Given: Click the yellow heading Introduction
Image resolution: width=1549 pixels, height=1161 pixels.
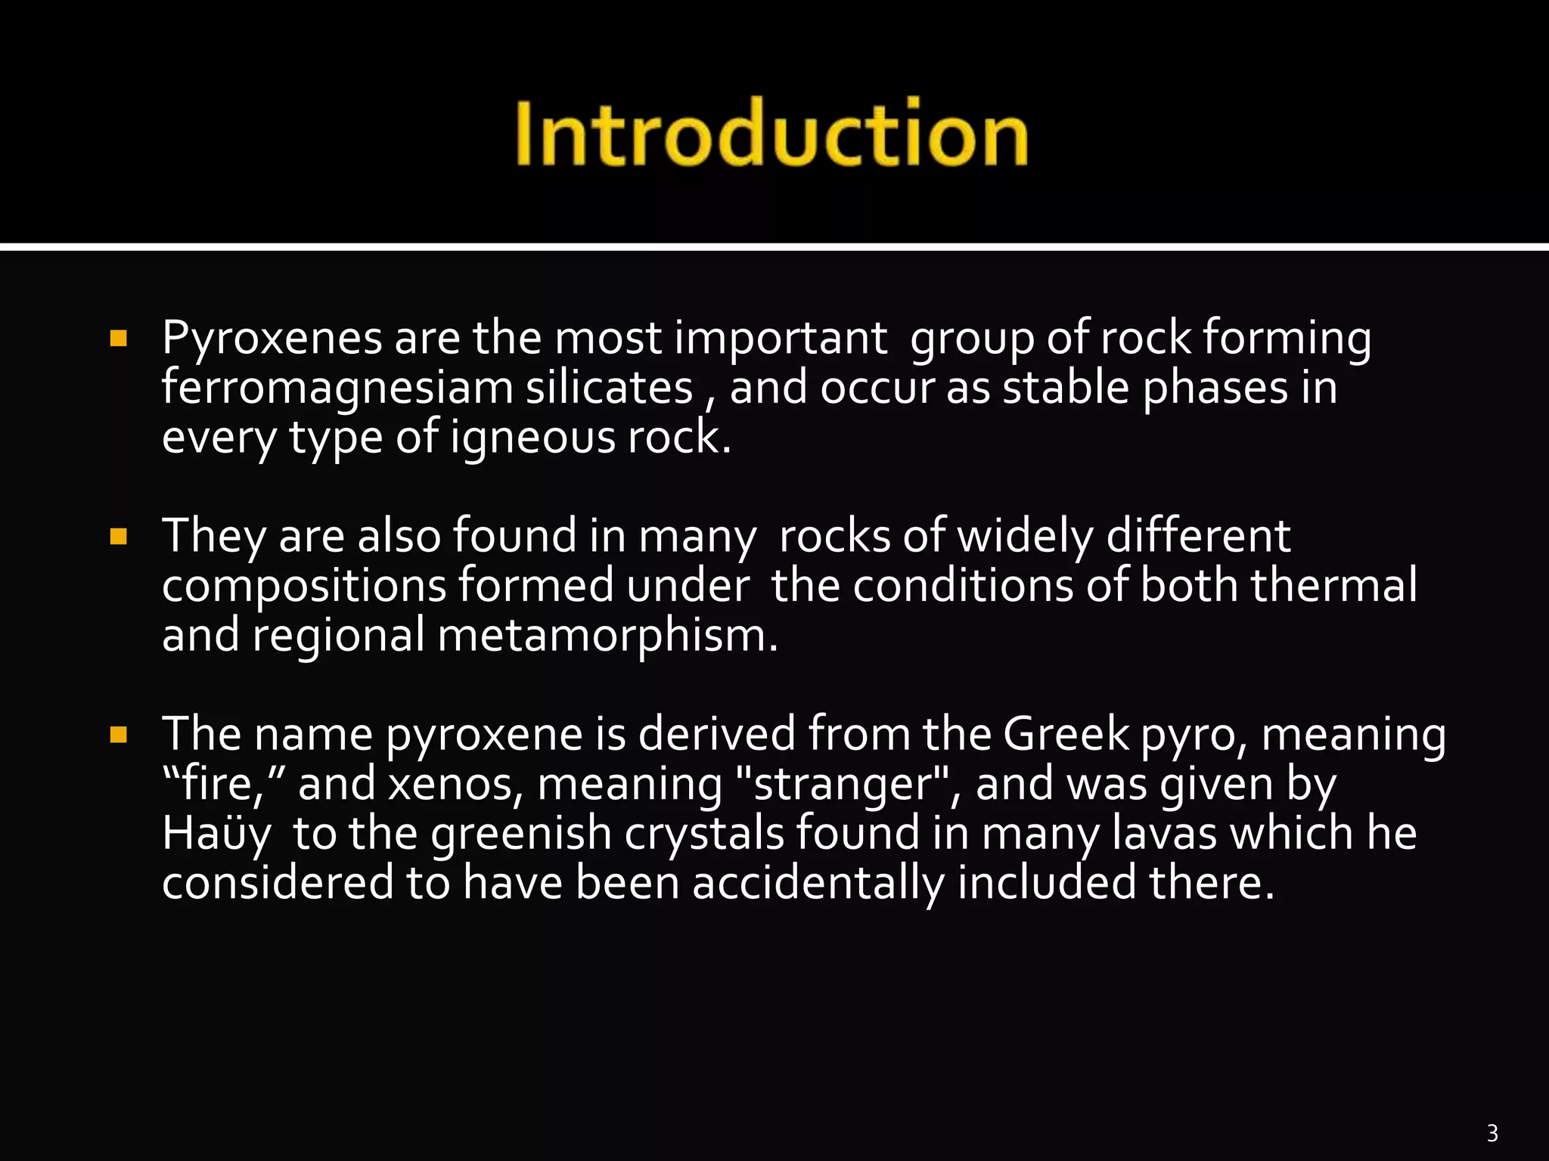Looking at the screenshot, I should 771,133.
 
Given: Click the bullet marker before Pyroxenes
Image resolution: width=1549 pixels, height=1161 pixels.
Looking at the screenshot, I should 118,338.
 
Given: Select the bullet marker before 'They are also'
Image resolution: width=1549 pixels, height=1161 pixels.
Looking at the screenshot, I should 118,537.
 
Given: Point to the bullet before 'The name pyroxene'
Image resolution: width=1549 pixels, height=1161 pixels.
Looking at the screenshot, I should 118,735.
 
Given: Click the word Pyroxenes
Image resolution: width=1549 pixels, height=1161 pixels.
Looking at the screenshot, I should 272,338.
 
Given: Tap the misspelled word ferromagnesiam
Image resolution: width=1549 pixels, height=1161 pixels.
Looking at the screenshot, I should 337,389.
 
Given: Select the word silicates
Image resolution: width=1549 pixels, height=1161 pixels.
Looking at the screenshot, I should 610,387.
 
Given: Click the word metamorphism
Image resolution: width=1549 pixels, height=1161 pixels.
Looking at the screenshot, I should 607,635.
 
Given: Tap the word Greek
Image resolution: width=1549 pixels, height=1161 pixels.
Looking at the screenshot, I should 1066,733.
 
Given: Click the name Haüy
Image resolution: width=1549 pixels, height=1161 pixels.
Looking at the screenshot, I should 216,834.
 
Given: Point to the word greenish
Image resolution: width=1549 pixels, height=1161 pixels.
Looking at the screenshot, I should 521,834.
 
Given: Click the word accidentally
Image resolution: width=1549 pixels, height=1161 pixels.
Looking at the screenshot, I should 818,883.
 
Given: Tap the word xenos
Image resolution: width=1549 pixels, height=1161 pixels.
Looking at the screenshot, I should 455,784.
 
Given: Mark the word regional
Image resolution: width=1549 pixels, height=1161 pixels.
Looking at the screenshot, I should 338,636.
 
